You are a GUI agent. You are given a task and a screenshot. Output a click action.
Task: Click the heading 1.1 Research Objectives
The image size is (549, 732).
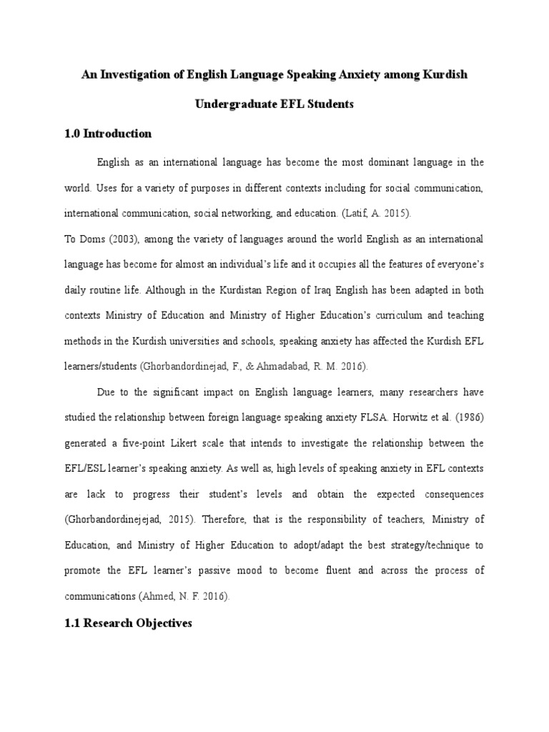[x=128, y=623]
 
